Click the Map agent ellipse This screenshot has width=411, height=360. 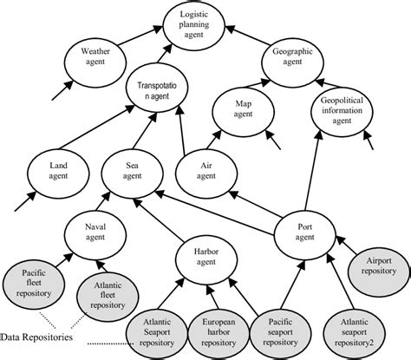click(x=244, y=111)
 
